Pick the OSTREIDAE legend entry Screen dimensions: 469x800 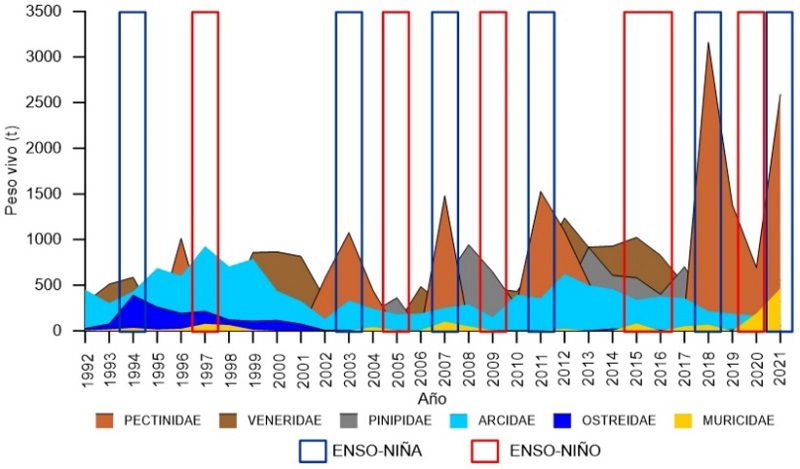pyautogui.click(x=635, y=421)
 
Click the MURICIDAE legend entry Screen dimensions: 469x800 pyautogui.click(x=740, y=421)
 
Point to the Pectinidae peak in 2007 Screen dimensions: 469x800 pyautogui.click(x=444, y=197)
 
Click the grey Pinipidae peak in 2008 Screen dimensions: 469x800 pyautogui.click(x=468, y=245)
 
